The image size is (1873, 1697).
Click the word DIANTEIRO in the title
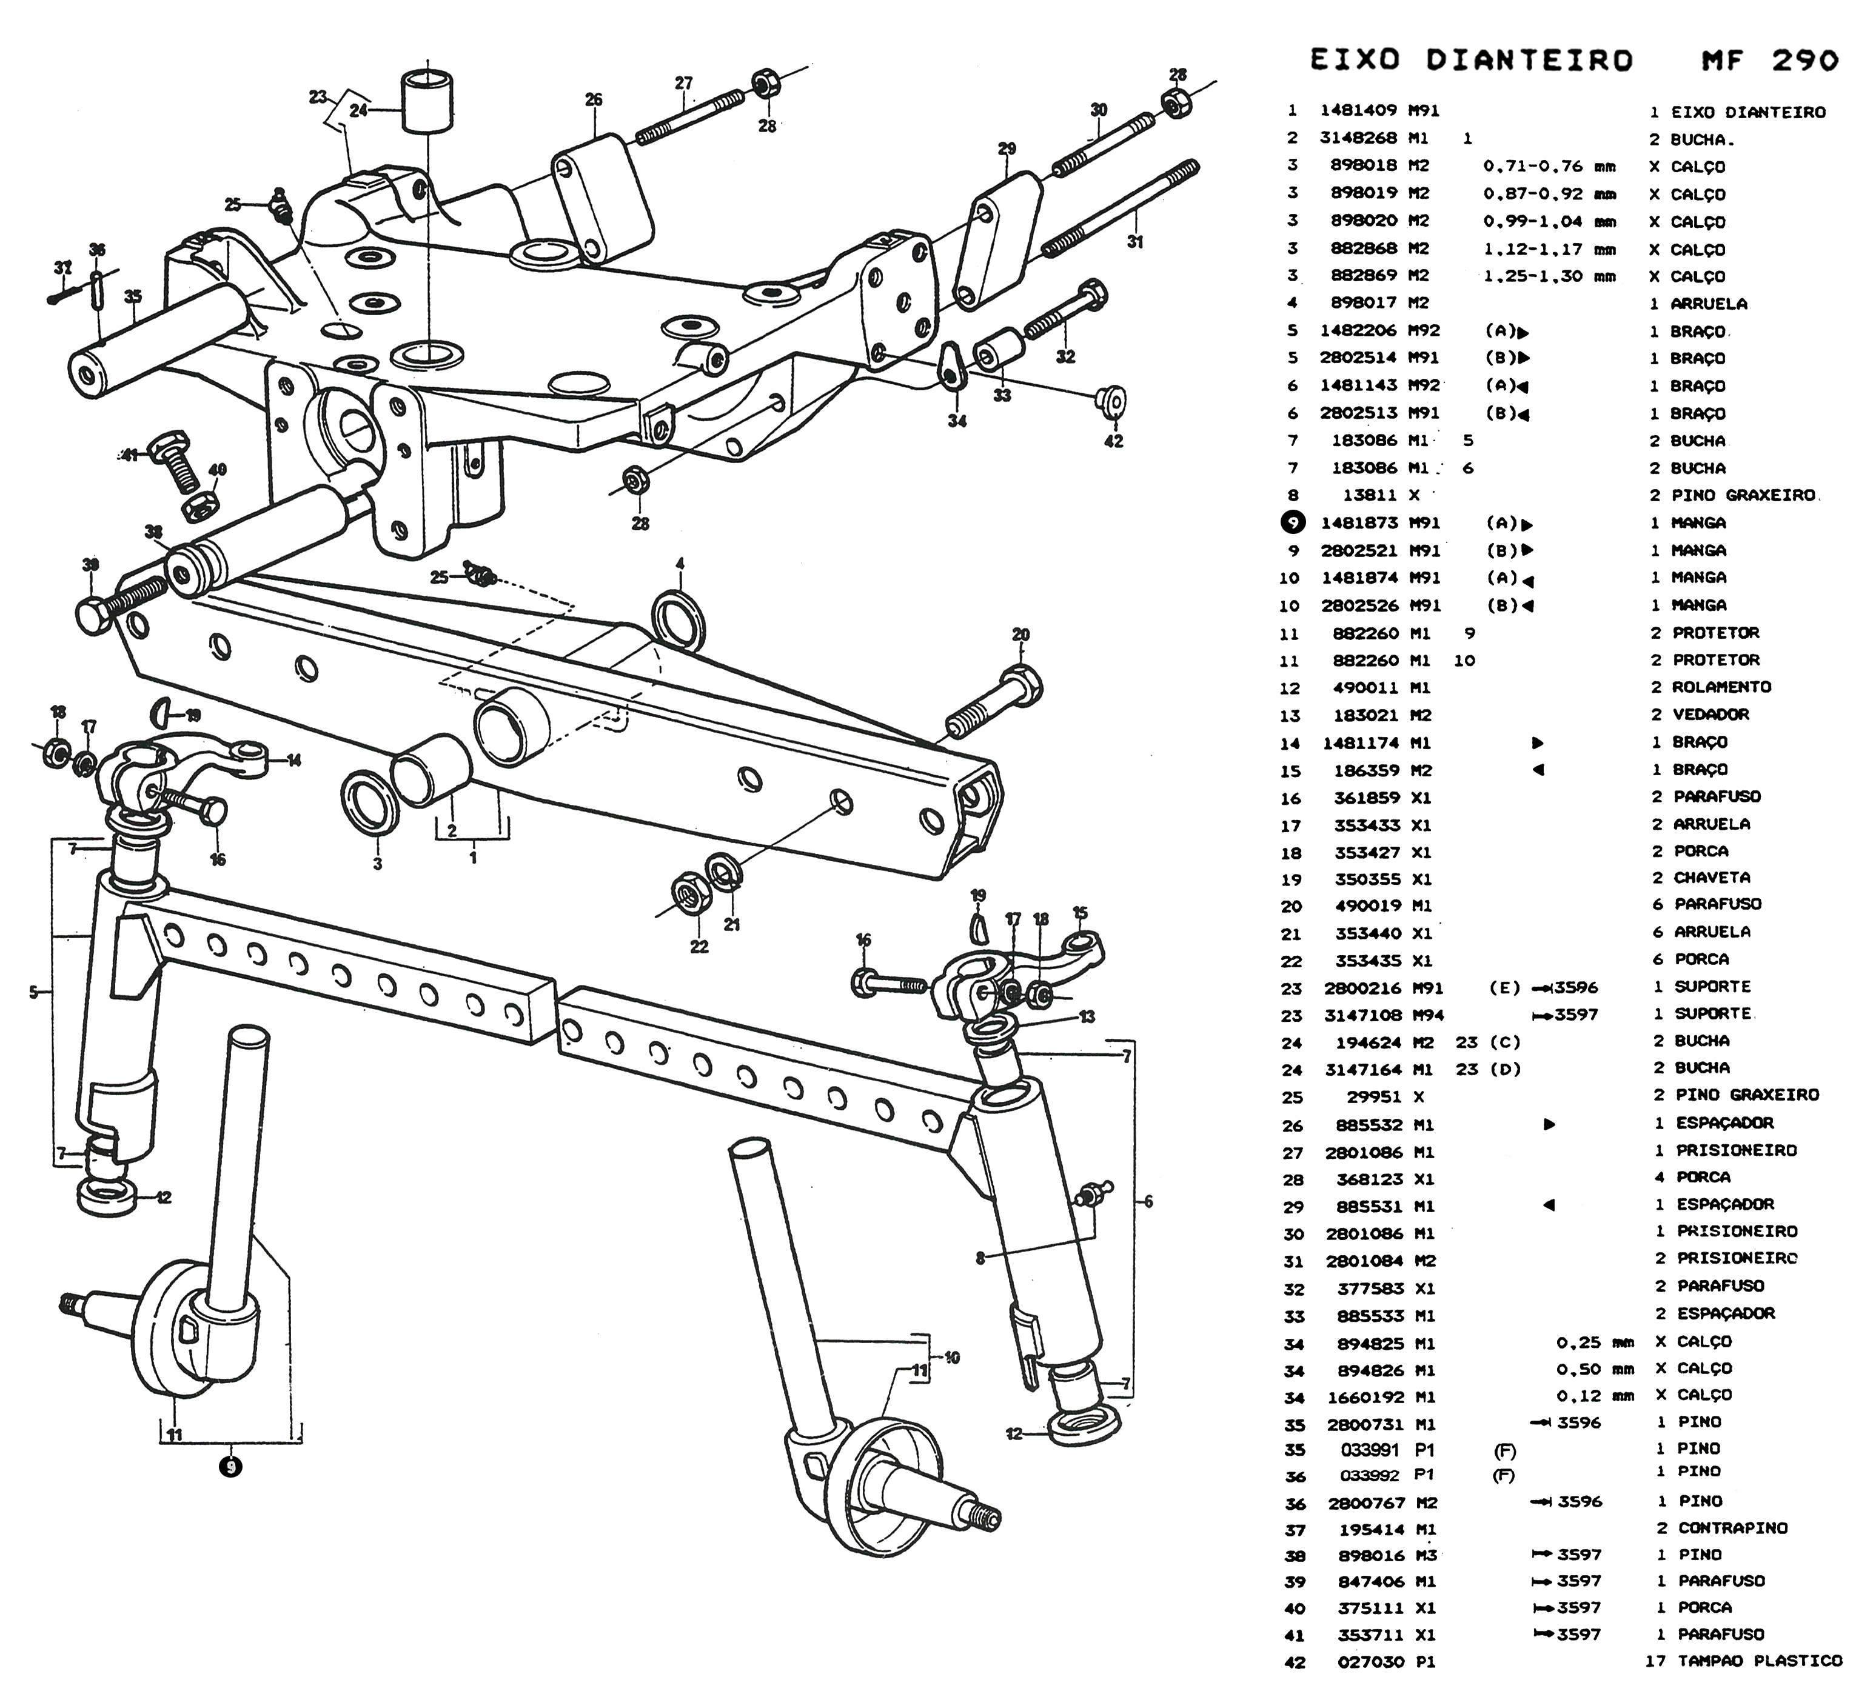tap(1529, 61)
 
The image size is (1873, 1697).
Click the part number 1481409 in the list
tap(1358, 110)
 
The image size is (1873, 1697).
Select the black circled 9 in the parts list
tap(1292, 523)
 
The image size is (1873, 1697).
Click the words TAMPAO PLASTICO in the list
tap(1760, 1661)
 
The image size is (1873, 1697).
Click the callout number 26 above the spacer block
tap(594, 99)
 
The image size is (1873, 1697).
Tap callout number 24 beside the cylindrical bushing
tap(358, 110)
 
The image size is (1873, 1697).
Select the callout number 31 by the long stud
tap(1135, 242)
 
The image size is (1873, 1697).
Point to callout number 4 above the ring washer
tap(680, 564)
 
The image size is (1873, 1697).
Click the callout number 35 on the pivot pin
tap(133, 297)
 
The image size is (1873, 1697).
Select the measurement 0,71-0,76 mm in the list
tap(1549, 167)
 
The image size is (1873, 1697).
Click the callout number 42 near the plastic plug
tap(1113, 442)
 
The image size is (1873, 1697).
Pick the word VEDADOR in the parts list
tap(1711, 715)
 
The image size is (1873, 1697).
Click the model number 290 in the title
tap(1804, 61)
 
